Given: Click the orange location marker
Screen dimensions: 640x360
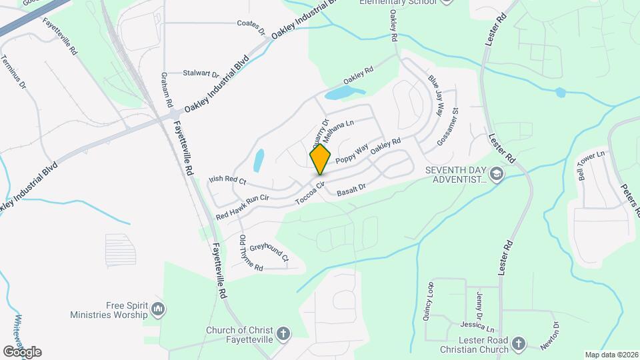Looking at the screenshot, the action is coord(320,159).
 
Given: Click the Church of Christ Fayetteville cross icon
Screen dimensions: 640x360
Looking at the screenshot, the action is coord(283,334).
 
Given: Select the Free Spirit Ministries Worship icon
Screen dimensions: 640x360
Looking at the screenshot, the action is coord(158,309).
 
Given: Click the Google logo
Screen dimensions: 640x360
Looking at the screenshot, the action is coord(22,351).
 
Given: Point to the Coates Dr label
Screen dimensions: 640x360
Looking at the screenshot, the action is coord(251,23).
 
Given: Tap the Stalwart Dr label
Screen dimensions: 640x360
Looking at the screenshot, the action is coord(201,73).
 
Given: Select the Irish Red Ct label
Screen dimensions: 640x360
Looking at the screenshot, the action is coord(227,180).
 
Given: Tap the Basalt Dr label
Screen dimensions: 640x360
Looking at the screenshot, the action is coord(352,190).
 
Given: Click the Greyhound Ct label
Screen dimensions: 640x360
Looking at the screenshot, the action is coord(269,251).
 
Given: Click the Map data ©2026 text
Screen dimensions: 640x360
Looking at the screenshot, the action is coord(611,355).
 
